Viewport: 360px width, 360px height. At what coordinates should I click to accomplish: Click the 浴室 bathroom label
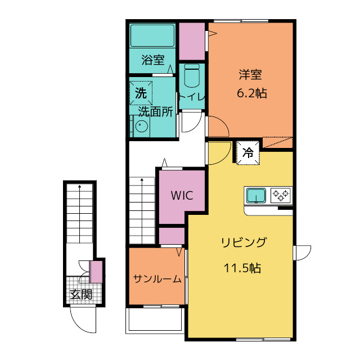tap(153, 60)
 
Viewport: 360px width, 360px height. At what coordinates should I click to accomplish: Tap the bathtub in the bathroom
tap(152, 35)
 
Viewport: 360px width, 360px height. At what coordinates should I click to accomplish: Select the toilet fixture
tap(192, 75)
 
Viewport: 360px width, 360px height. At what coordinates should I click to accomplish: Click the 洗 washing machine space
tap(141, 93)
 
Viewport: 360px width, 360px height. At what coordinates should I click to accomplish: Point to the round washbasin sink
tap(142, 126)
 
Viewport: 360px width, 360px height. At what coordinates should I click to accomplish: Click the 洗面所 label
tap(155, 112)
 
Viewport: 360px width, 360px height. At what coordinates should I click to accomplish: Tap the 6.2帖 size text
tap(252, 93)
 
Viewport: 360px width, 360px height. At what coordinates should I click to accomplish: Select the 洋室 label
tap(250, 75)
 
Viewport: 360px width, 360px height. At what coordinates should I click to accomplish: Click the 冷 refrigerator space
tap(248, 152)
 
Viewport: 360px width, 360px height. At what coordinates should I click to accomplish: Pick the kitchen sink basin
tap(256, 196)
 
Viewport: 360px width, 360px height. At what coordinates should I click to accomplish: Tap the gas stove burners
tap(281, 195)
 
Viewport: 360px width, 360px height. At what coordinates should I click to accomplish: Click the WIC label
tap(182, 196)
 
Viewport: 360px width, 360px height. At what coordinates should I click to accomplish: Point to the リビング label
tap(244, 242)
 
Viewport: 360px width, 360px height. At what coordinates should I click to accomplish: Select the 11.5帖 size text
tap(242, 268)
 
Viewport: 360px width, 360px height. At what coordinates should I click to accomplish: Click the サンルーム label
tap(157, 279)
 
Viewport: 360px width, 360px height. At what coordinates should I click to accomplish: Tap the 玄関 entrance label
tap(81, 294)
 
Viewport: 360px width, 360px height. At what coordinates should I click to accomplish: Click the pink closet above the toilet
tap(192, 41)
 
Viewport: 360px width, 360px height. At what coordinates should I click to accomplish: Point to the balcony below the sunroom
tap(155, 321)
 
